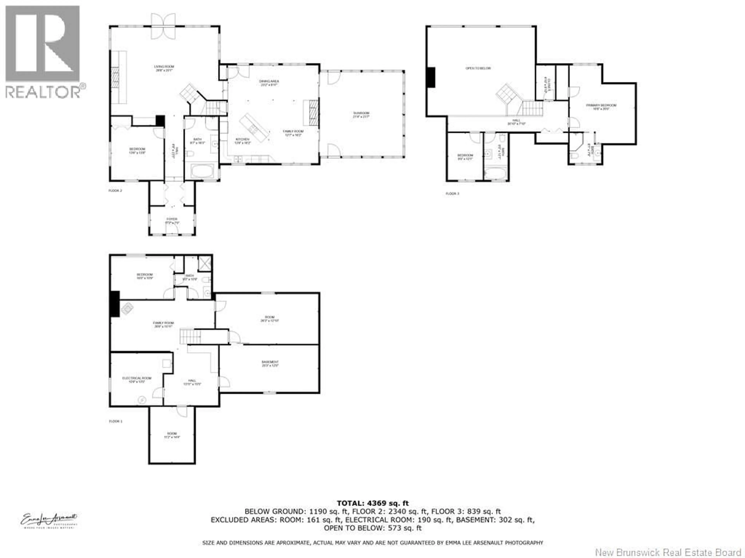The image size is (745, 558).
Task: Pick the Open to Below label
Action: (478, 68)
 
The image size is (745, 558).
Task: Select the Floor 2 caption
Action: (115, 191)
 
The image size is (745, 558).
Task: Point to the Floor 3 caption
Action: (452, 194)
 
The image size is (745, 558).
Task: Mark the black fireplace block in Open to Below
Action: (431, 77)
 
